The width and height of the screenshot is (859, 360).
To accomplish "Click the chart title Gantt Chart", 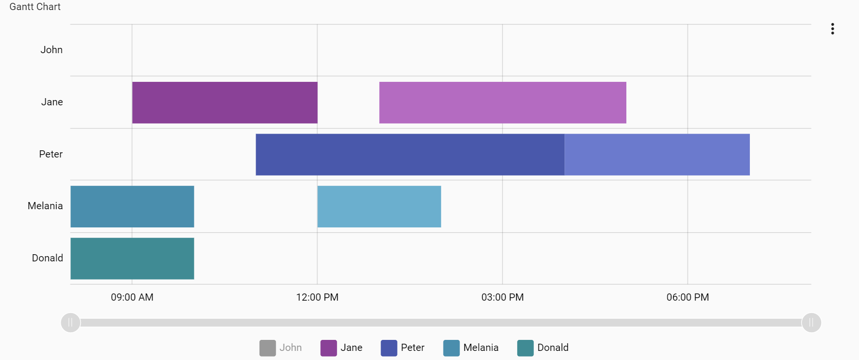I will click(35, 7).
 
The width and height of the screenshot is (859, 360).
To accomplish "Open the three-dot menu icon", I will click(833, 29).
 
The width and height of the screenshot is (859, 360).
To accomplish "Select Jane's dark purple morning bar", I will click(225, 102).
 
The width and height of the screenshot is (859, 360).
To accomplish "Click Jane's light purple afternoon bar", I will click(502, 102).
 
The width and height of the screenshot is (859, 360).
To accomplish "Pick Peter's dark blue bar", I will click(410, 155).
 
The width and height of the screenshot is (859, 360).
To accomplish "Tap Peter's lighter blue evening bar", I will click(657, 155).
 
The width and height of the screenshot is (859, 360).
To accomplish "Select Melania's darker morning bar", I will click(132, 206).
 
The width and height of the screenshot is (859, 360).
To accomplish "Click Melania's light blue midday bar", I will click(379, 206).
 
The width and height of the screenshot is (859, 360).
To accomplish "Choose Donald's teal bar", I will click(132, 259).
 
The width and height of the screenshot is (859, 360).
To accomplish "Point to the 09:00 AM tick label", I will click(132, 297).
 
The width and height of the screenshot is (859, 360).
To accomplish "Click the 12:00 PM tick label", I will click(317, 297).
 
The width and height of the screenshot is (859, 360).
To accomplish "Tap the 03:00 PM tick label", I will click(502, 297).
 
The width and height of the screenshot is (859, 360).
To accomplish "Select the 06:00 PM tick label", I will click(688, 297).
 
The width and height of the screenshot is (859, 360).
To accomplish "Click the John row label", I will click(51, 50).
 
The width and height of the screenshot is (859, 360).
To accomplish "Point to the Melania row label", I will click(45, 206).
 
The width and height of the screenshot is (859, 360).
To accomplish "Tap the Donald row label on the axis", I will click(47, 258).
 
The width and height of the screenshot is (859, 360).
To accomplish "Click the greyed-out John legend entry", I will click(281, 348).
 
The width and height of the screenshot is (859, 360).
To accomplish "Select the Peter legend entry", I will click(403, 348).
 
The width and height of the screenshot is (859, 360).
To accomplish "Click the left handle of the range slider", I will click(70, 323).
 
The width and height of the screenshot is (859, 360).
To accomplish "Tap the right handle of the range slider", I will click(811, 323).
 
